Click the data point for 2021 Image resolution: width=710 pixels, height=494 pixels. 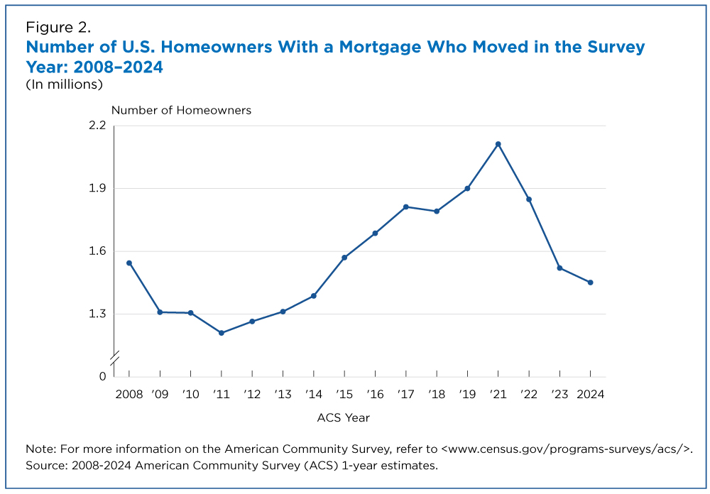click(498, 144)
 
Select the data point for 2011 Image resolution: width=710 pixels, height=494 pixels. click(222, 333)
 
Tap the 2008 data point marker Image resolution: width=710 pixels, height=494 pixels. click(129, 263)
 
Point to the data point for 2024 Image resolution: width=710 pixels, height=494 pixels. click(591, 282)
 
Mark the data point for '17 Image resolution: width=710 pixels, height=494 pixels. click(405, 207)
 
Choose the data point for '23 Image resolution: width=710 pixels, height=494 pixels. click(559, 268)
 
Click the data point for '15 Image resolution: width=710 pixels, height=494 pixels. click(344, 258)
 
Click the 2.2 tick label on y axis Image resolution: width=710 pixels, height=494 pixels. click(97, 126)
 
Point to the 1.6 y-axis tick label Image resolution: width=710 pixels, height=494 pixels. click(97, 251)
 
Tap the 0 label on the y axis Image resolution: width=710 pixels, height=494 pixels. click(102, 376)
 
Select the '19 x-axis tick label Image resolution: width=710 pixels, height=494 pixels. click(467, 395)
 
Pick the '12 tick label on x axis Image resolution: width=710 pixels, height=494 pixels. click(252, 395)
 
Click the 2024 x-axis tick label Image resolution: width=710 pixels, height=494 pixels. click(591, 395)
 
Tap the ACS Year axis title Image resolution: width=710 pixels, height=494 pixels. click(343, 417)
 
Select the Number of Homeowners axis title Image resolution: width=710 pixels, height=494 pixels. click(181, 111)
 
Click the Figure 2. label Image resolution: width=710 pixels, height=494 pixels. click(58, 28)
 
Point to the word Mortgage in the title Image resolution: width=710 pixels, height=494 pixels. click(380, 47)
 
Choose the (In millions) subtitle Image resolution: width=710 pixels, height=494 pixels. click(65, 84)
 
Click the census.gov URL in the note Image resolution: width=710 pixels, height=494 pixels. click(567, 449)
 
